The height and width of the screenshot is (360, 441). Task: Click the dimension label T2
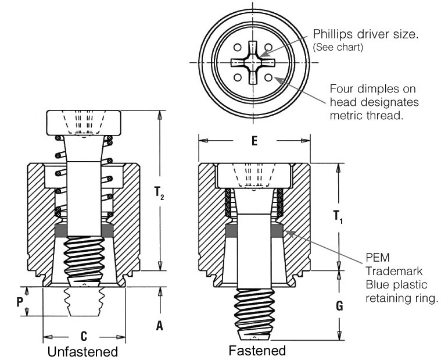161,193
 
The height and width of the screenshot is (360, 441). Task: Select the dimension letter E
254,141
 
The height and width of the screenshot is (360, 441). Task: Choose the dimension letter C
84,336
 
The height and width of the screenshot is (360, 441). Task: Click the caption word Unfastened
83,352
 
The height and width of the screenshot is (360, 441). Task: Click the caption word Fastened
257,351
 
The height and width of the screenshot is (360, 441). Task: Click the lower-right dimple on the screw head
268,76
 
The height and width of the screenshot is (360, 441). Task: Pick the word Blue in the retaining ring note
377,284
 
